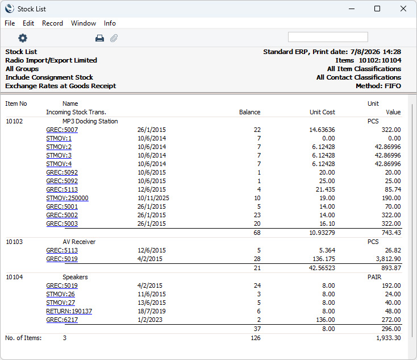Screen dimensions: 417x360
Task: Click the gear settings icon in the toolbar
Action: [23, 38]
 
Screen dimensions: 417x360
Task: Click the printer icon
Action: [99, 38]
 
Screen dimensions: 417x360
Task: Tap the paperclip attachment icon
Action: [114, 38]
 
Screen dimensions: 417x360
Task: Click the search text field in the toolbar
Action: [328, 37]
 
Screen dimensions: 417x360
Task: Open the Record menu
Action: [52, 23]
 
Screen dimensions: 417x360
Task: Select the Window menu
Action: [84, 23]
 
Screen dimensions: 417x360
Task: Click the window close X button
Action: [403, 9]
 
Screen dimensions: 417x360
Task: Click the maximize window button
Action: [377, 9]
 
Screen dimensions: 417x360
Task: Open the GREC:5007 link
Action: [62, 130]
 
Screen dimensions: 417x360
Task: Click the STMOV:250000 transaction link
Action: [67, 198]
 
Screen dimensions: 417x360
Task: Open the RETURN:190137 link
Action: [69, 311]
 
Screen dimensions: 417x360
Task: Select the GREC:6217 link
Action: [62, 320]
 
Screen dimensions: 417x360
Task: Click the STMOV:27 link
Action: [61, 303]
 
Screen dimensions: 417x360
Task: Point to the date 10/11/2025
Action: [153, 198]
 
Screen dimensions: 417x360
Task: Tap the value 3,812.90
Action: [388, 259]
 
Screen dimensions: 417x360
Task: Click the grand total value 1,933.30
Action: [388, 338]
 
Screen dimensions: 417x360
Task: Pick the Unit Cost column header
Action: [322, 112]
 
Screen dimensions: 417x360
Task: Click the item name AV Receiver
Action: [79, 242]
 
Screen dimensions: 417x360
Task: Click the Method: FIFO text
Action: [378, 86]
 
